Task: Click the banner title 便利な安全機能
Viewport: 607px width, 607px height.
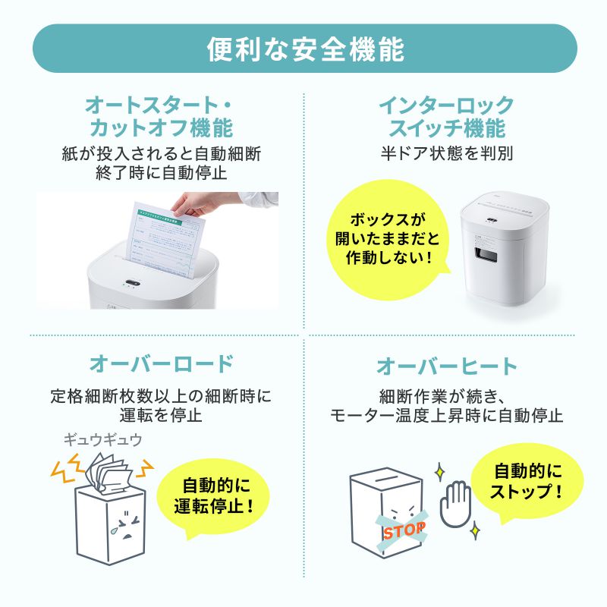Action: click(x=303, y=49)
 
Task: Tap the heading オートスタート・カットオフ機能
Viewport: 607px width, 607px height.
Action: click(x=159, y=115)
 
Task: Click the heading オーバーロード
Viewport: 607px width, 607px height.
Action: click(x=160, y=363)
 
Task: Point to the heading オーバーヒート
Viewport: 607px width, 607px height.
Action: click(x=447, y=366)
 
